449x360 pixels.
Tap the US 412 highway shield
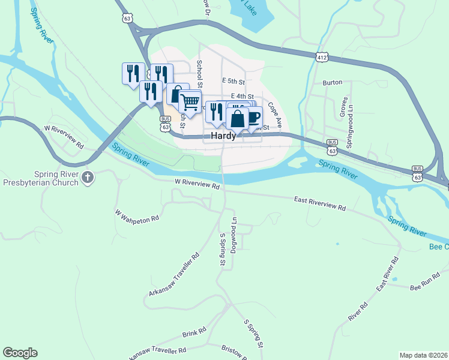322,57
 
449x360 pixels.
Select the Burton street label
332,82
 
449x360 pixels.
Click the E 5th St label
234,81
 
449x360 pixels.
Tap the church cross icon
88,177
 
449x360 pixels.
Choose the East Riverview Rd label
320,203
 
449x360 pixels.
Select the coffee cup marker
253,116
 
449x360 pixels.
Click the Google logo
20,353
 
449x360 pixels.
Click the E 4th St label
241,96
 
